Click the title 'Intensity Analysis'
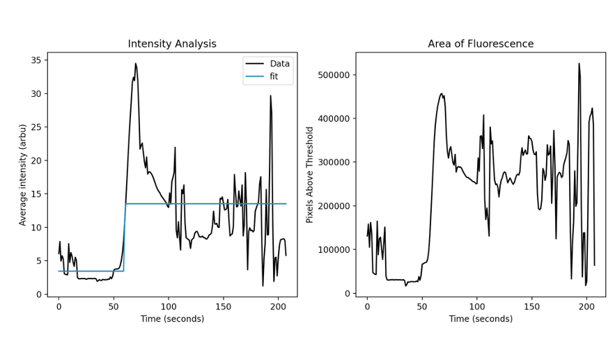(x=172, y=44)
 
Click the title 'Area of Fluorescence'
(x=481, y=44)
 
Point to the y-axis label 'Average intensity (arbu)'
(x=23, y=175)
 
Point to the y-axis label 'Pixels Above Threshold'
(x=311, y=175)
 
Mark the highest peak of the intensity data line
(x=136, y=64)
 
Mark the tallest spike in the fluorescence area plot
(x=579, y=63)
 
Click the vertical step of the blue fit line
(x=125, y=237)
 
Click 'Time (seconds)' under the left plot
(x=172, y=319)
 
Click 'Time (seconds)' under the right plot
(x=481, y=319)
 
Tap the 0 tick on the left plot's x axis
(x=59, y=306)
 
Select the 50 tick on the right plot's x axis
(x=422, y=306)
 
